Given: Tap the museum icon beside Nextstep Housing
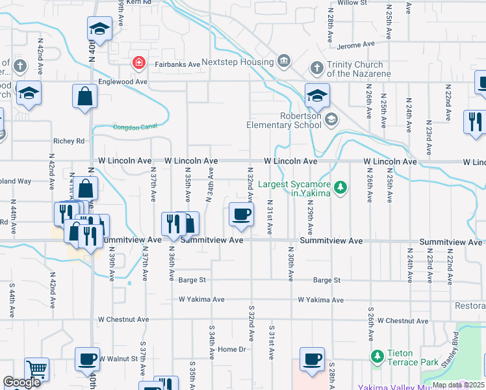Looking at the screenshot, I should point(284,62).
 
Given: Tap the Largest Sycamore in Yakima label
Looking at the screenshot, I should point(295,188).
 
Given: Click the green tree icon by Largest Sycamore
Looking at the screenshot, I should point(340,188).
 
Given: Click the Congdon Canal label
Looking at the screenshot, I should point(135,126).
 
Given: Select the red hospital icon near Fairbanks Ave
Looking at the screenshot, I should point(138,62).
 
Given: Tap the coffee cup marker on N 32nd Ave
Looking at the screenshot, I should point(241,214).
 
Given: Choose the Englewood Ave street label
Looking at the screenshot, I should point(123,83).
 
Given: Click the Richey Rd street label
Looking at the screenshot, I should point(69,141).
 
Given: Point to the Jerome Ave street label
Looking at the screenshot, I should point(357,45).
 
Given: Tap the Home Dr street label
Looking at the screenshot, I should point(232,350).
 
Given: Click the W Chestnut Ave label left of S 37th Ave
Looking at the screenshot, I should point(123,320).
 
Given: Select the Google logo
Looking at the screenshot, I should point(22,383).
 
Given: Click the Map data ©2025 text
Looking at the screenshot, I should point(458,385).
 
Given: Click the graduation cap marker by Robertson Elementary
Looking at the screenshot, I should point(317,96).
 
